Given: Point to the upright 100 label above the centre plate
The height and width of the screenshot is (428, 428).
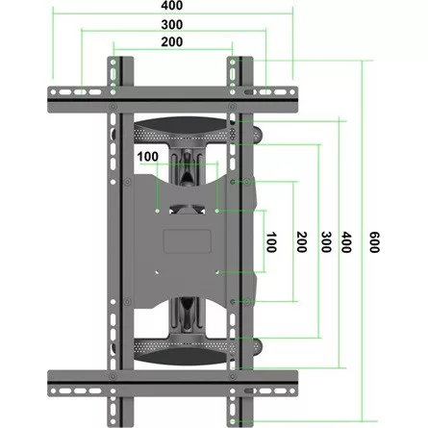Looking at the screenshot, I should (149, 156).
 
